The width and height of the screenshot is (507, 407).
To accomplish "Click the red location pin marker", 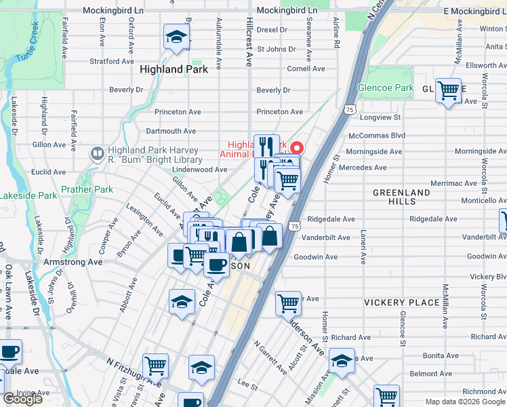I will click(x=296, y=148).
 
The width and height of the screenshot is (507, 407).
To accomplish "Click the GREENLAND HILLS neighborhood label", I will click(x=401, y=197).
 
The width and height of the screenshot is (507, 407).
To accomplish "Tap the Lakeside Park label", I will click(x=28, y=195).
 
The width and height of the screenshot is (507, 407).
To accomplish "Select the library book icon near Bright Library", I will click(x=96, y=155).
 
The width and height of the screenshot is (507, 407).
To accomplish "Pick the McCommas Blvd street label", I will click(x=376, y=135).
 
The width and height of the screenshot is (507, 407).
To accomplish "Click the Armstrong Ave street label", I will click(x=73, y=262).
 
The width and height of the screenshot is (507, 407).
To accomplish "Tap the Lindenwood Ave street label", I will click(x=199, y=170).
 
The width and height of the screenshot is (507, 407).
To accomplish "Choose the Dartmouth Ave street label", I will click(x=171, y=131).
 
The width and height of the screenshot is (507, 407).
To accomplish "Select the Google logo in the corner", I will click(x=23, y=399).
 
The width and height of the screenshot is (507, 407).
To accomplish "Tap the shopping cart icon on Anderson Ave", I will click(x=288, y=303).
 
